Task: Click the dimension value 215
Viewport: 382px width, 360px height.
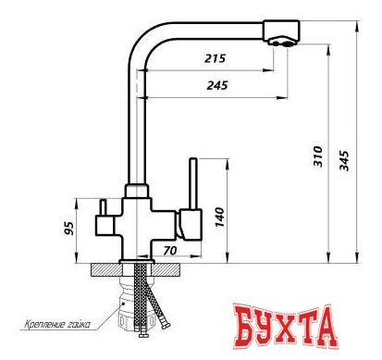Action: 215,58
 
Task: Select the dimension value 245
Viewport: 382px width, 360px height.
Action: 217,85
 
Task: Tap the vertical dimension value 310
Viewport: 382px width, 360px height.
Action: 318,156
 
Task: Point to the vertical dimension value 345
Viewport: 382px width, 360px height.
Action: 344,160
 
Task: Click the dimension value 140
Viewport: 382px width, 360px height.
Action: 219,217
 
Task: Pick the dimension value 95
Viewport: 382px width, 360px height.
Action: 69,228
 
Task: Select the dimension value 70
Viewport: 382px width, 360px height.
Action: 170,251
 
